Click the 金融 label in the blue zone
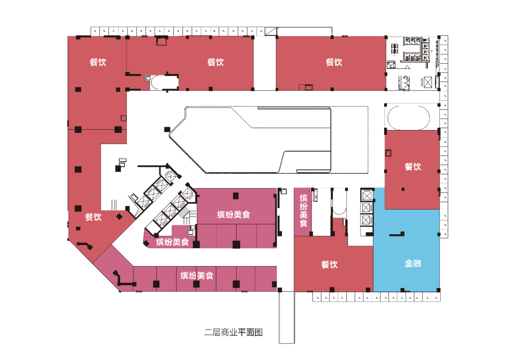tap(412, 263)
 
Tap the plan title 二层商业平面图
tap(233, 332)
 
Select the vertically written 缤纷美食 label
tap(304, 210)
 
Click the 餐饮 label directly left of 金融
tap(329, 264)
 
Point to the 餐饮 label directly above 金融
tap(413, 166)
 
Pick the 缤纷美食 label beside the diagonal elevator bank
tap(172, 242)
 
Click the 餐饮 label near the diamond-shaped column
tap(93, 217)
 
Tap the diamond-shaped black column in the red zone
tap(119, 217)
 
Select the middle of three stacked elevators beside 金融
tap(366, 207)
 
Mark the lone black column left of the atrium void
tap(167, 130)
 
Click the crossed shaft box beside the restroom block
tap(428, 82)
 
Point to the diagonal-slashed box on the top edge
tap(271, 32)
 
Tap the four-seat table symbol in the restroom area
tap(394, 49)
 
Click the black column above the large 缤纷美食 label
tap(236, 196)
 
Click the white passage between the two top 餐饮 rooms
tap(265, 63)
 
